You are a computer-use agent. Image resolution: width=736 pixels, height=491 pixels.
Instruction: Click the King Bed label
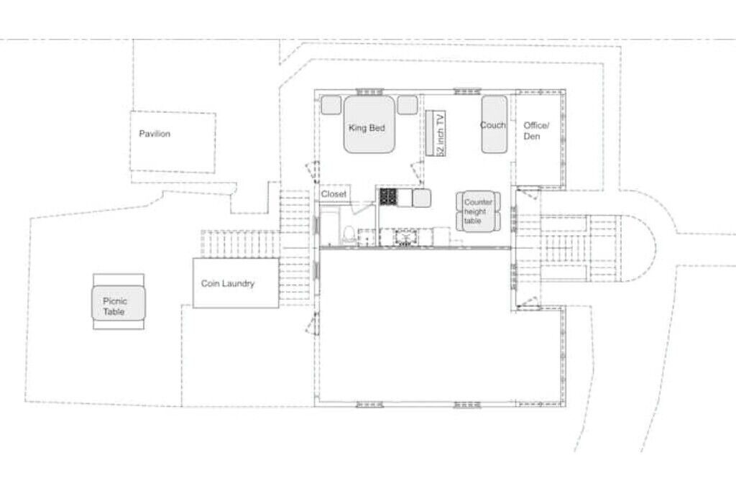pyautogui.click(x=367, y=128)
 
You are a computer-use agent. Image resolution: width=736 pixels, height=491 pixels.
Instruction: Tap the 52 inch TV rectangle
pyautogui.click(x=436, y=133)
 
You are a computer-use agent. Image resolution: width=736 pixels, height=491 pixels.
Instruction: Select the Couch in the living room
pyautogui.click(x=494, y=124)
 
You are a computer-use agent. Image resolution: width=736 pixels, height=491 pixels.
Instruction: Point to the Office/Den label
pyautogui.click(x=536, y=131)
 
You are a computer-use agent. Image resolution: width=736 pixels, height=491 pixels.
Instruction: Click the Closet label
pyautogui.click(x=333, y=194)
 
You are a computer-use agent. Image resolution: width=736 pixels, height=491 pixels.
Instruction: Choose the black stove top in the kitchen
pyautogui.click(x=388, y=197)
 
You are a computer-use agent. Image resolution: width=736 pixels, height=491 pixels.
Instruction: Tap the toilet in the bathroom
pyautogui.click(x=349, y=234)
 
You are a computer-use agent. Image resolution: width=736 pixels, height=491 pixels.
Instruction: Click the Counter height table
pyautogui.click(x=478, y=211)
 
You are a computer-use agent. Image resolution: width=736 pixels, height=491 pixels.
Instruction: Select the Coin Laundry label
pyautogui.click(x=228, y=283)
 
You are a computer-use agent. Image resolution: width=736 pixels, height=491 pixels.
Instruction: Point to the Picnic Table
pyautogui.click(x=119, y=302)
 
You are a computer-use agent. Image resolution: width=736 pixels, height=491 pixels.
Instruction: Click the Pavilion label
pyautogui.click(x=155, y=134)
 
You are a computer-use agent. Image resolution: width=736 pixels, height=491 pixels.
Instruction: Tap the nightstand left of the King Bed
pyautogui.click(x=331, y=105)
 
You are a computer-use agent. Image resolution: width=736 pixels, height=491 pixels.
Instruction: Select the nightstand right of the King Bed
pyautogui.click(x=408, y=105)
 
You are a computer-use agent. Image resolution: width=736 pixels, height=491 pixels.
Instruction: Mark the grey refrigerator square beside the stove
pyautogui.click(x=421, y=198)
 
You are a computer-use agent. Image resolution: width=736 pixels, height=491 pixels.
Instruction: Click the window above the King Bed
pyautogui.click(x=370, y=91)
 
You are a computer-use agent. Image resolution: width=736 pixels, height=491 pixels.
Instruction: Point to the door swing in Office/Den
pyautogui.click(x=528, y=193)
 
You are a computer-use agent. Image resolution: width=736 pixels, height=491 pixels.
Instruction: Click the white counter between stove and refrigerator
pyautogui.click(x=405, y=197)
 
